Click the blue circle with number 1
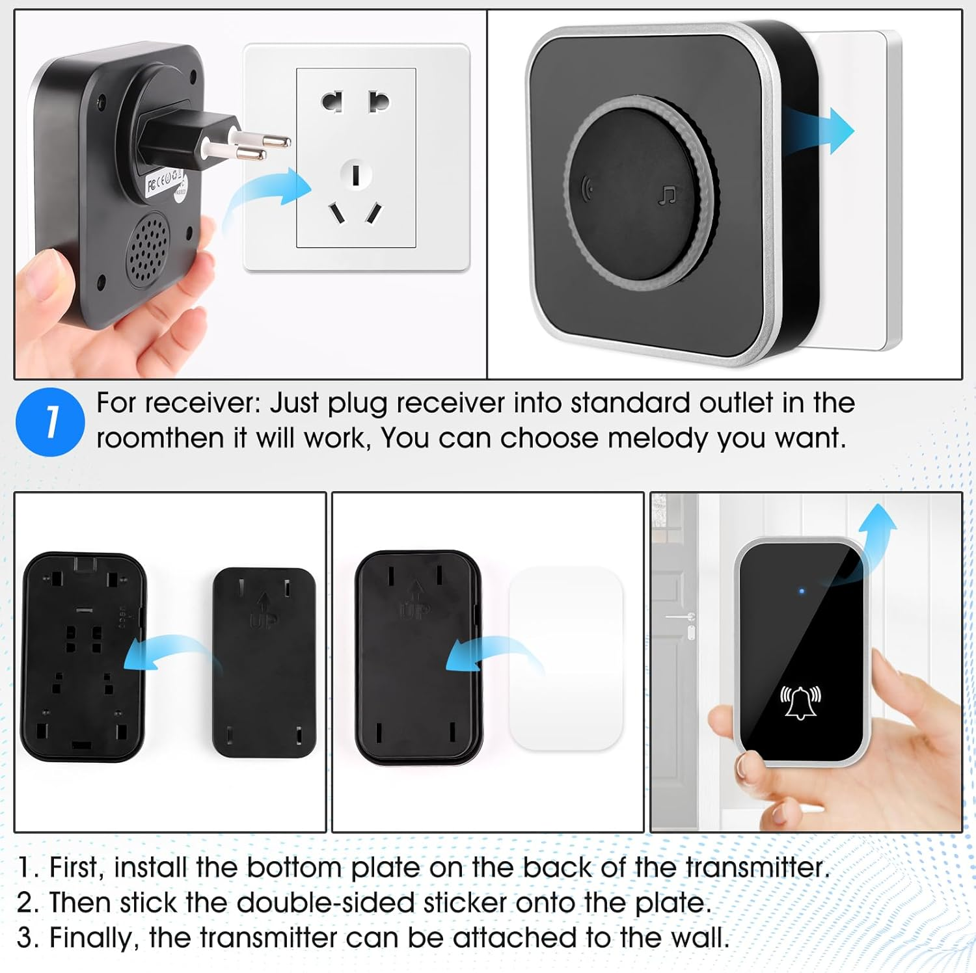50,421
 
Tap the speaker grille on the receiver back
148,249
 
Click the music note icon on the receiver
668,194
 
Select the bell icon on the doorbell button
800,702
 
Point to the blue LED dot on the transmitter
802,591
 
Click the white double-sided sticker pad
565,658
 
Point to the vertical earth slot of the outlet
356,175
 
